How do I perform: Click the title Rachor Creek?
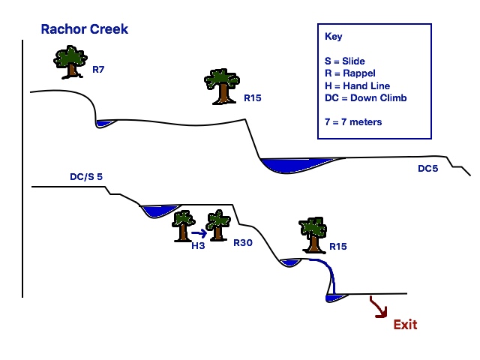[x=85, y=30]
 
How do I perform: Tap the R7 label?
[x=98, y=69]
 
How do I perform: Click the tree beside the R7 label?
[x=70, y=62]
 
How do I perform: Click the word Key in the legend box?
[x=333, y=37]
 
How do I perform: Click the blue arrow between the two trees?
[x=199, y=232]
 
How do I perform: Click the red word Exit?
[x=405, y=325]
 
